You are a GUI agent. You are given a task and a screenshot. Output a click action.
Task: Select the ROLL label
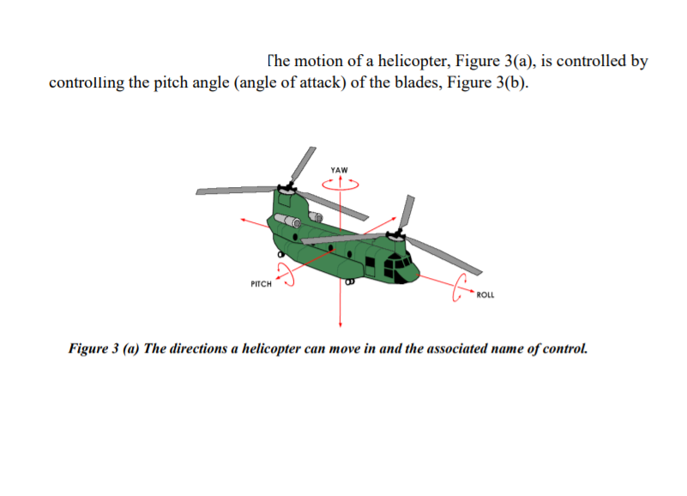point(485,294)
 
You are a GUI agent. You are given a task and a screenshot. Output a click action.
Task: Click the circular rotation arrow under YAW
point(341,182)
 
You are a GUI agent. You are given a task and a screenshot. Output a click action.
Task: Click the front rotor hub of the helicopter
point(396,233)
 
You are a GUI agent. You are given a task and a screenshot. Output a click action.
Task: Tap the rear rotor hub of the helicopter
point(286,185)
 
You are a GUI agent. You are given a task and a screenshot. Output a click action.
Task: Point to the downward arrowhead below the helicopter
point(341,324)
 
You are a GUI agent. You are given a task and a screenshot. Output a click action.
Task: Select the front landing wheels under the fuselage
point(349,281)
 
